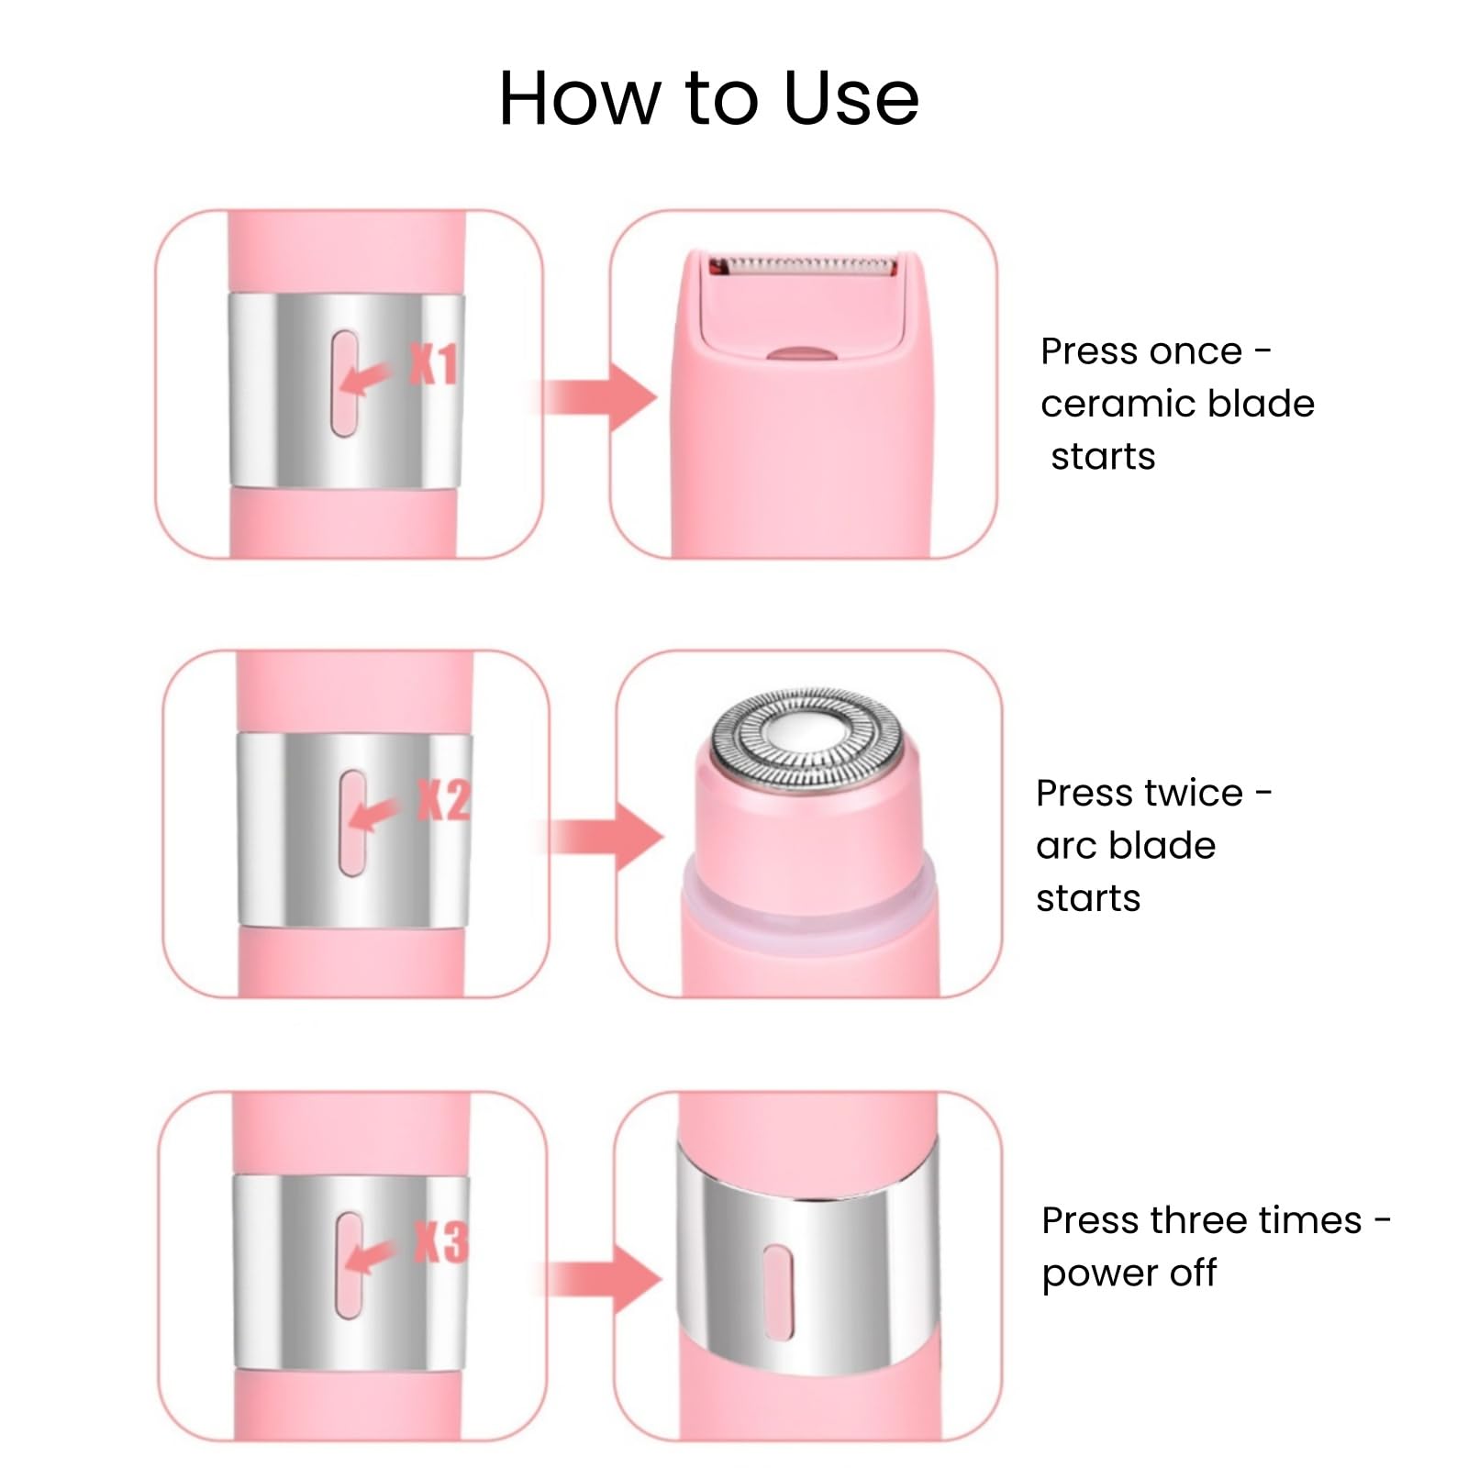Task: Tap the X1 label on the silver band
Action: point(433,364)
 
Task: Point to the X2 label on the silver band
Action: point(444,800)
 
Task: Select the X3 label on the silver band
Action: point(441,1242)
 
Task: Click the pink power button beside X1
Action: point(345,384)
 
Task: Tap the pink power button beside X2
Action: point(352,822)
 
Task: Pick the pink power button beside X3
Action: point(349,1265)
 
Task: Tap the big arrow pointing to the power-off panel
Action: point(606,1279)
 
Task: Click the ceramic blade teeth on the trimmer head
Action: point(799,266)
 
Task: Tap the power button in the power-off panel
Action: point(777,1292)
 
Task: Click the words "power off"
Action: point(1129,1273)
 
